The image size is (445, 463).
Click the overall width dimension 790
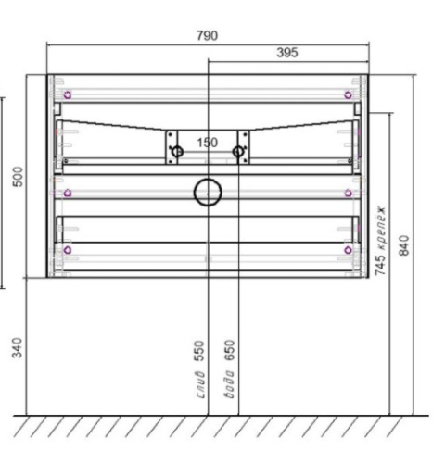click(x=207, y=36)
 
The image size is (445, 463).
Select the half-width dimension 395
click(x=286, y=54)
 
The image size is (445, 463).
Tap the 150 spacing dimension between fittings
click(x=207, y=143)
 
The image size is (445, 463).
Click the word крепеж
click(x=380, y=230)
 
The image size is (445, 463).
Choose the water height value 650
click(x=229, y=352)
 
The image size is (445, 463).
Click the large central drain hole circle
click(x=208, y=193)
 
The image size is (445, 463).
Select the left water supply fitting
click(x=177, y=151)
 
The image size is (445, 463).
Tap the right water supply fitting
click(x=238, y=151)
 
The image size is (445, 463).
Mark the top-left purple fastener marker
click(x=67, y=94)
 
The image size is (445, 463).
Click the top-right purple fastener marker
click(x=349, y=94)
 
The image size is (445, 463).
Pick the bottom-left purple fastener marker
click(x=67, y=250)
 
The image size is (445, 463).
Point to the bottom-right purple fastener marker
click(x=349, y=250)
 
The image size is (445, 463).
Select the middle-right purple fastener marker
click(x=349, y=193)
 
